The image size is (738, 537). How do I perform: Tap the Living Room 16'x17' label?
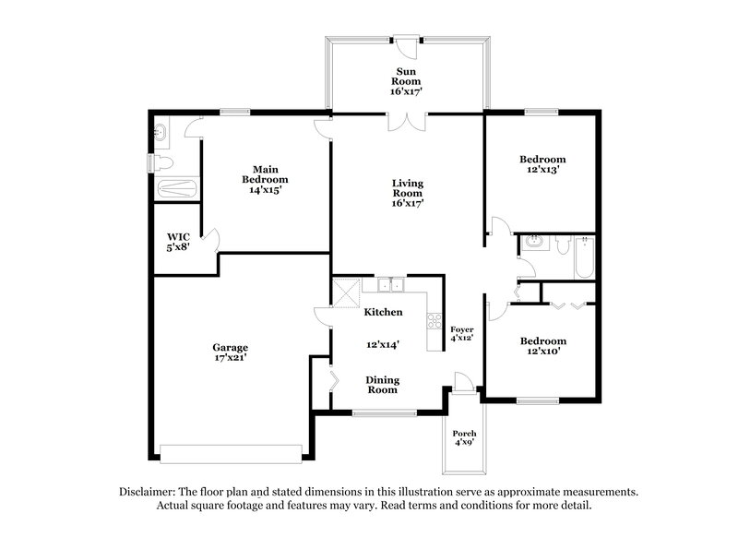click(x=406, y=193)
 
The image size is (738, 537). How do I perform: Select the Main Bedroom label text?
click(x=265, y=178)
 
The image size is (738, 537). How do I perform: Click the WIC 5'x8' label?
click(x=177, y=243)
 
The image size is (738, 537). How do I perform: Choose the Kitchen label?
click(x=383, y=313)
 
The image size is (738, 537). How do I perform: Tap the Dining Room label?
click(x=382, y=384)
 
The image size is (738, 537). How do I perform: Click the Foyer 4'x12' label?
click(x=461, y=333)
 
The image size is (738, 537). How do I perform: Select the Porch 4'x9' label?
click(x=463, y=438)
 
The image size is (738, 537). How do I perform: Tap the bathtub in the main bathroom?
click(x=175, y=189)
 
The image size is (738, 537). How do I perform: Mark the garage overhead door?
click(x=231, y=451)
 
